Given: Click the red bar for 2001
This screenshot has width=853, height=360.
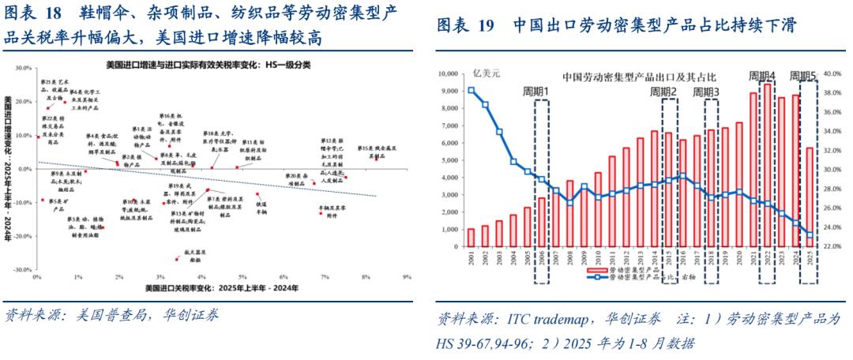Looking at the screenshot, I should coord(471,238).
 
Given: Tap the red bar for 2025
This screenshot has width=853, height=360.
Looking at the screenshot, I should coord(809,197).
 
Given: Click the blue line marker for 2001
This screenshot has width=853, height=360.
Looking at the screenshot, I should coord(471,90).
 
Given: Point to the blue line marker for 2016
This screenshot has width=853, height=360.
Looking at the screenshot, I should coord(683,176).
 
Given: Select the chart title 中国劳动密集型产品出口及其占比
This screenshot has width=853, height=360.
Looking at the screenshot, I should coord(639,77).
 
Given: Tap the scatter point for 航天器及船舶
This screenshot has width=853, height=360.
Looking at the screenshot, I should coord(176,259).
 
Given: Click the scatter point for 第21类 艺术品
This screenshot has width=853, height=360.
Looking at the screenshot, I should coord(49,108).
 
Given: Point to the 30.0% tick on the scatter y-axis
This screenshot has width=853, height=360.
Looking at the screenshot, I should coord(24,69).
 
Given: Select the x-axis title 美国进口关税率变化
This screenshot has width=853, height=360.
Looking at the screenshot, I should coord(222,290).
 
